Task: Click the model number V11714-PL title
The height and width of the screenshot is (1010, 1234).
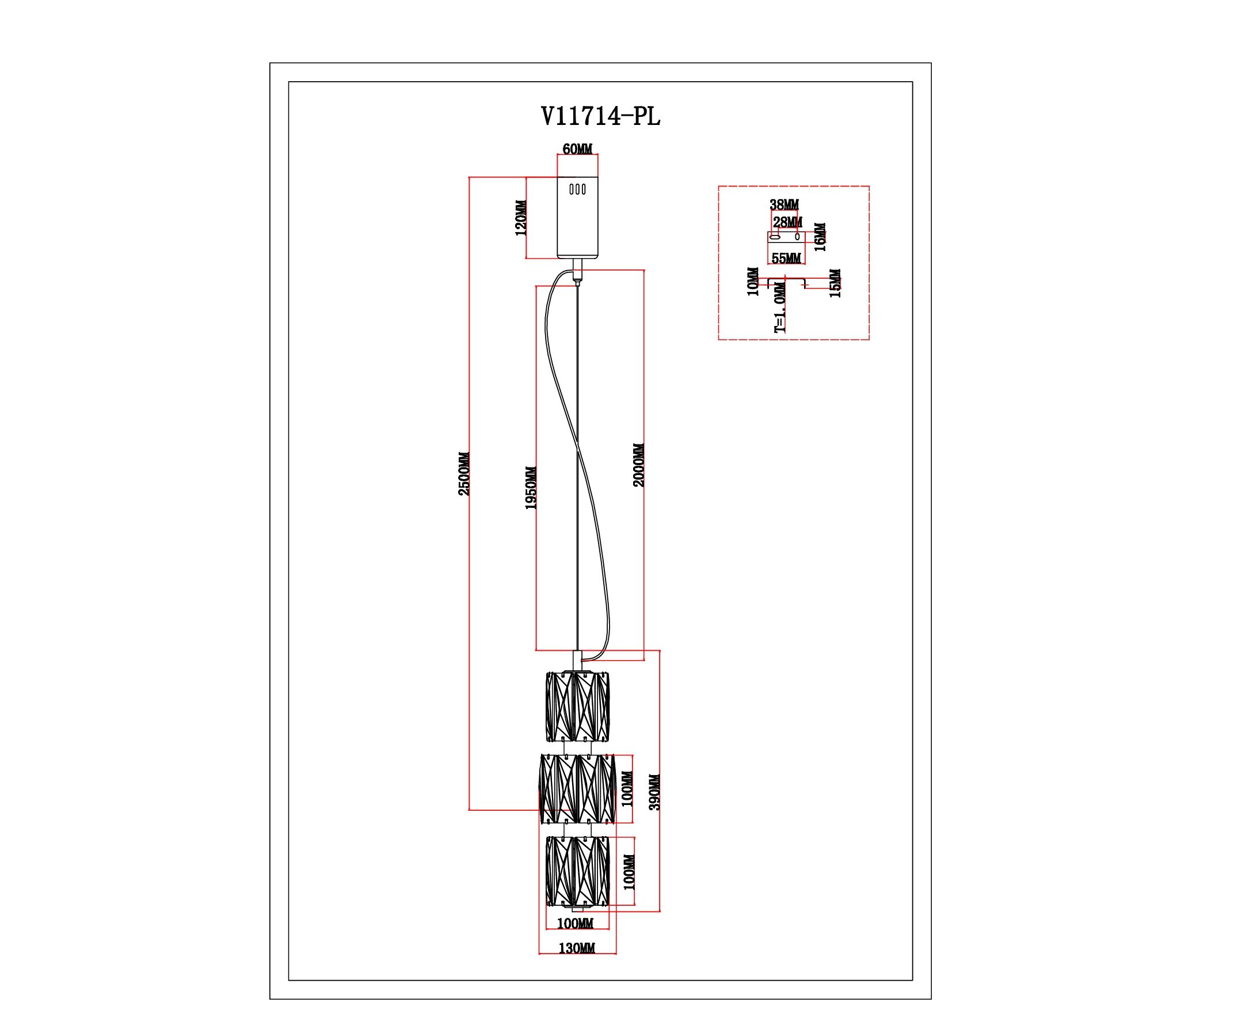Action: click(x=600, y=116)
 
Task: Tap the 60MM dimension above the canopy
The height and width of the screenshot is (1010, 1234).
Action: click(x=577, y=149)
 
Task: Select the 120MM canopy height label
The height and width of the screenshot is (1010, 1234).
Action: click(x=521, y=218)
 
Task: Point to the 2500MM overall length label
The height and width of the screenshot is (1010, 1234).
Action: click(x=464, y=473)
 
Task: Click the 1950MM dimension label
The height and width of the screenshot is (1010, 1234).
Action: click(x=531, y=488)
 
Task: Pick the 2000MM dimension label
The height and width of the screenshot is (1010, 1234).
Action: click(x=638, y=465)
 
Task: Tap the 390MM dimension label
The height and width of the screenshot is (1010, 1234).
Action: click(x=654, y=792)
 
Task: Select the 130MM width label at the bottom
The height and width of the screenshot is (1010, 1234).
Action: click(x=577, y=964)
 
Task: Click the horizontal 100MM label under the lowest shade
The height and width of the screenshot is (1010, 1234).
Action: click(x=575, y=940)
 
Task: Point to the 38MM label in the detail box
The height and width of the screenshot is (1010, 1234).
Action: click(x=784, y=205)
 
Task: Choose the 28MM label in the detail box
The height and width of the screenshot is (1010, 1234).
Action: click(x=788, y=222)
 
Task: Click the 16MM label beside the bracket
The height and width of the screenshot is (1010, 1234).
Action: click(x=820, y=237)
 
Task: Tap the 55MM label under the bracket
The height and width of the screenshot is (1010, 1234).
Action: click(x=786, y=259)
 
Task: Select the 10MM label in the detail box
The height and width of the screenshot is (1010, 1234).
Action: click(x=753, y=282)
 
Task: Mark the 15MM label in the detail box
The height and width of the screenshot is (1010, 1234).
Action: click(x=835, y=283)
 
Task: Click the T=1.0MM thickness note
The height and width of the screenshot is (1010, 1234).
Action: click(x=780, y=306)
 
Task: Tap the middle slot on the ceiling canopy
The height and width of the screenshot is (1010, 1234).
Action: click(x=577, y=189)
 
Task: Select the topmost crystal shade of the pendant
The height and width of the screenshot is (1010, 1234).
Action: click(x=577, y=707)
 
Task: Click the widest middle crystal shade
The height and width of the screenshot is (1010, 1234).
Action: click(x=577, y=789)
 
